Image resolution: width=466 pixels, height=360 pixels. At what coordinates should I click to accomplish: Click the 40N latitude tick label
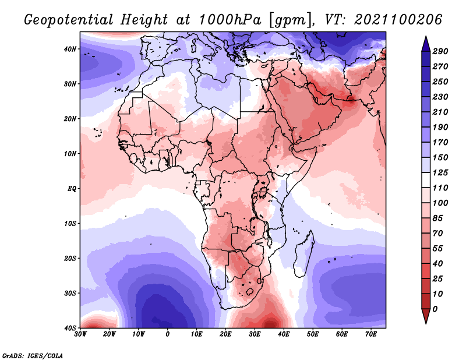[70, 49]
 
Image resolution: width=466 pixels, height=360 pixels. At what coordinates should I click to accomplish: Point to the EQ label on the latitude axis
[72, 189]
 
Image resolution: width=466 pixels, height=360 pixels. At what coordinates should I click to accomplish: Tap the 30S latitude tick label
[70, 293]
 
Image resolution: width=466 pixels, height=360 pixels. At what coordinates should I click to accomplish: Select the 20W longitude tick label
[110, 334]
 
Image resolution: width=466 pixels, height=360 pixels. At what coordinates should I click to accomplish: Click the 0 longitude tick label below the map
[168, 334]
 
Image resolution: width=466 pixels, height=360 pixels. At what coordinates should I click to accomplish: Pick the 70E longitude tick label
[370, 334]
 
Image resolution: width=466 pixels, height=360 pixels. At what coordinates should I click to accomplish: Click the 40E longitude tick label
[284, 334]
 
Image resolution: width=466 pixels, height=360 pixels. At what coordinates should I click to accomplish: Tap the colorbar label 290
[440, 51]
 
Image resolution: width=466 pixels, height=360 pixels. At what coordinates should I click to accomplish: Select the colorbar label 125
[440, 172]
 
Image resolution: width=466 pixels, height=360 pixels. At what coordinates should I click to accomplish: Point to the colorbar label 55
[437, 249]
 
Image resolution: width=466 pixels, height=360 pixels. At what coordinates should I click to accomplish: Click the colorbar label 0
[435, 309]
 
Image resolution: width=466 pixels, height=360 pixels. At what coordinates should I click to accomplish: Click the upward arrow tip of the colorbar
[426, 37]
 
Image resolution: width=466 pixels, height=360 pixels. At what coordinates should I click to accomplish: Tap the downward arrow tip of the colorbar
[426, 323]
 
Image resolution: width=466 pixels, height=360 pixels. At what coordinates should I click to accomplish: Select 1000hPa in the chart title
[230, 20]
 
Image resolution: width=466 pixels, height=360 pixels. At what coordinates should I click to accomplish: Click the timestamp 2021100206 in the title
[398, 20]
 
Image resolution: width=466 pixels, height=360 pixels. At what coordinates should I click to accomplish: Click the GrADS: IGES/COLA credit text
[33, 356]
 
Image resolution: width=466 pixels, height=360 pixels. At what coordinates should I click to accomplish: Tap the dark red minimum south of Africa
[270, 322]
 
